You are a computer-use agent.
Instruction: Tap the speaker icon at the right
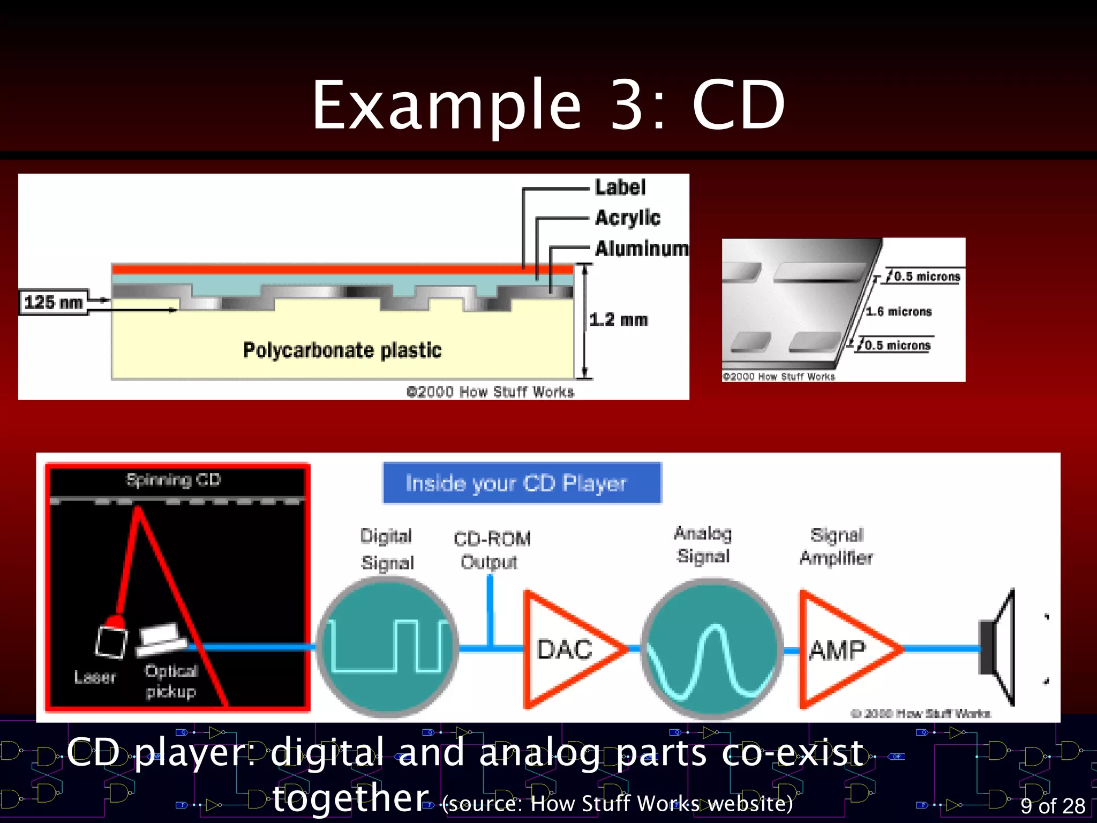click(x=997, y=647)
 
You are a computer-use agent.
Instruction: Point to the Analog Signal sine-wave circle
click(x=711, y=648)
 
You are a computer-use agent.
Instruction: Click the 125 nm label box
click(x=54, y=302)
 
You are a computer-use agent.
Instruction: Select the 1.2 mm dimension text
click(x=619, y=320)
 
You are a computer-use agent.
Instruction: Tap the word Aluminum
click(x=641, y=249)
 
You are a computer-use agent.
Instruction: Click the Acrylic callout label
click(x=628, y=218)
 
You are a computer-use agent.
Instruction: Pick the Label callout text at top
click(x=620, y=188)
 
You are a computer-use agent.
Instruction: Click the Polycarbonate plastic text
click(x=342, y=350)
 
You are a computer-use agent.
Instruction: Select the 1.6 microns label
click(x=899, y=311)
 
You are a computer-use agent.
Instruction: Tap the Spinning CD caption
click(x=174, y=480)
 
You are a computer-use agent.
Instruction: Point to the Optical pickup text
click(x=171, y=681)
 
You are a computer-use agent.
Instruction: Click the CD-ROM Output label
click(x=491, y=550)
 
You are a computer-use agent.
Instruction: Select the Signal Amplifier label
click(x=836, y=547)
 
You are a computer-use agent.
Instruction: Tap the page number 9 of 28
click(x=1053, y=805)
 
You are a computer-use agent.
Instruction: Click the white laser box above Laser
click(x=111, y=642)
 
